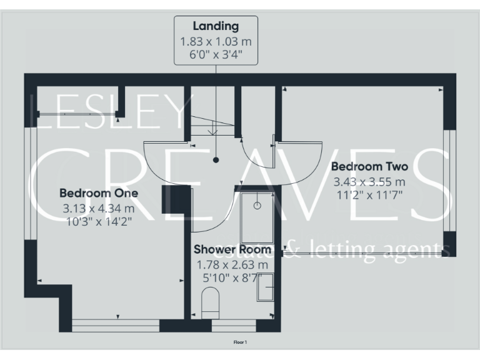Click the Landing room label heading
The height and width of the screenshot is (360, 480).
216,26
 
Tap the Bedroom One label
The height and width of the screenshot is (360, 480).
99,193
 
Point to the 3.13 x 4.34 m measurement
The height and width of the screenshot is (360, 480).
99,208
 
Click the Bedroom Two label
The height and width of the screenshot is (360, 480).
369,167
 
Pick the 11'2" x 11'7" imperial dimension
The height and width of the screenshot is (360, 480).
369,194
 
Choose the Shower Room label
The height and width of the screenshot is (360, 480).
232,250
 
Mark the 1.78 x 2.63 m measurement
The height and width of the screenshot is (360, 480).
232,264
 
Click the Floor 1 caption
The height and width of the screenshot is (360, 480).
240,342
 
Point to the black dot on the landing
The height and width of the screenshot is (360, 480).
216,160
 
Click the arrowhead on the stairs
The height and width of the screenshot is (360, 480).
213,132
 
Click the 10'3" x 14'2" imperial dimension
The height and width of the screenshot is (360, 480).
99,222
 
